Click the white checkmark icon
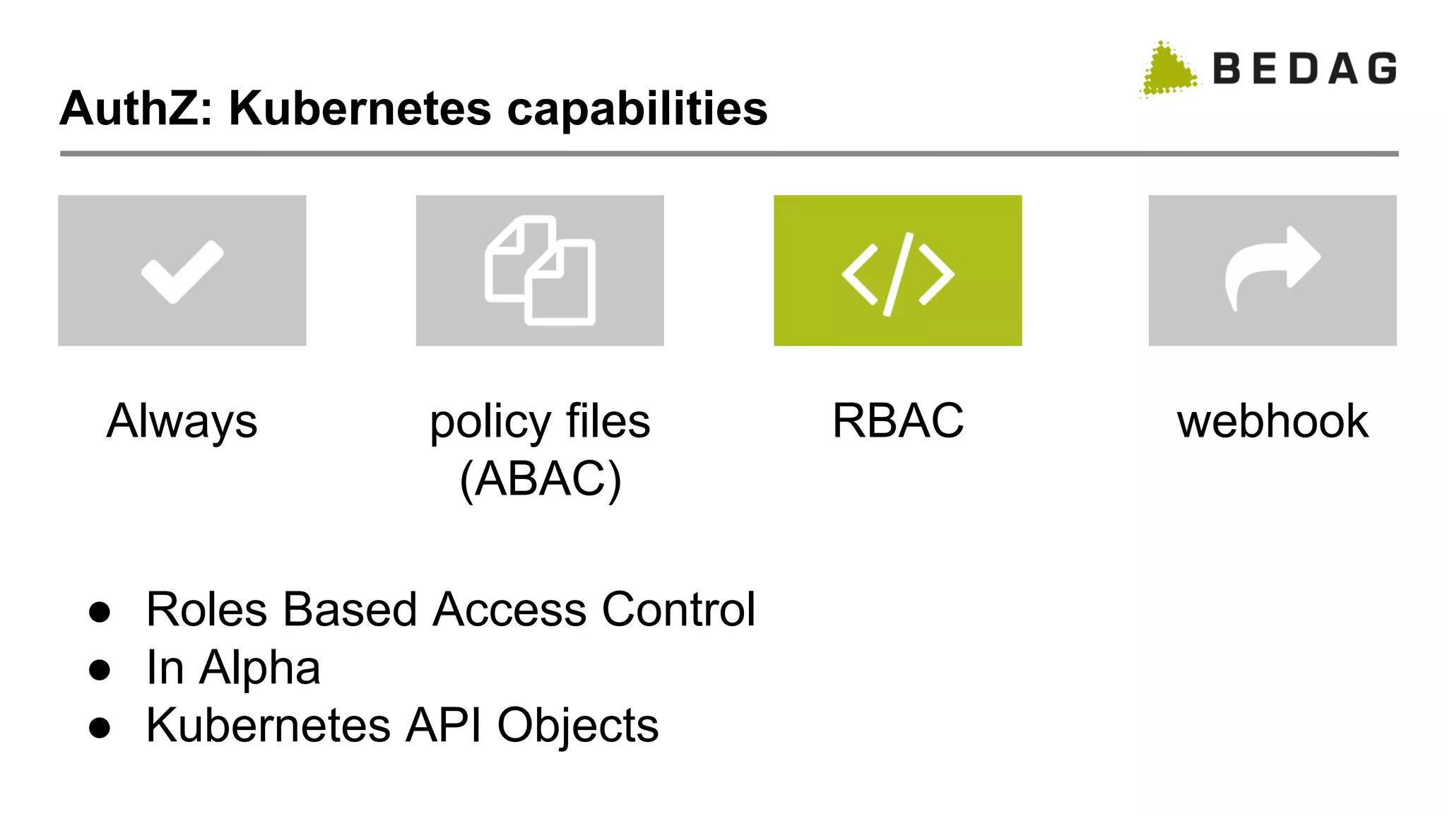pyautogui.click(x=182, y=271)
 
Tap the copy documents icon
pyautogui.click(x=541, y=271)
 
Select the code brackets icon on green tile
pyautogui.click(x=897, y=273)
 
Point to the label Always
pyautogui.click(x=182, y=422)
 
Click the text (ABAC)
pyautogui.click(x=541, y=480)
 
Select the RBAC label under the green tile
pyautogui.click(x=897, y=421)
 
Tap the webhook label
pyautogui.click(x=1272, y=422)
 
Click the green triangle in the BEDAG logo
pyautogui.click(x=1168, y=70)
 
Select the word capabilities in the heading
pyautogui.click(x=637, y=110)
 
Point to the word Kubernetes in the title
pyautogui.click(x=360, y=109)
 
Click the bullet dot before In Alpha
pyautogui.click(x=100, y=669)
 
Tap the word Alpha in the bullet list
pyautogui.click(x=259, y=668)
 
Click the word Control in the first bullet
pyautogui.click(x=678, y=610)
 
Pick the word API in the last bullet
pyautogui.click(x=443, y=726)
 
